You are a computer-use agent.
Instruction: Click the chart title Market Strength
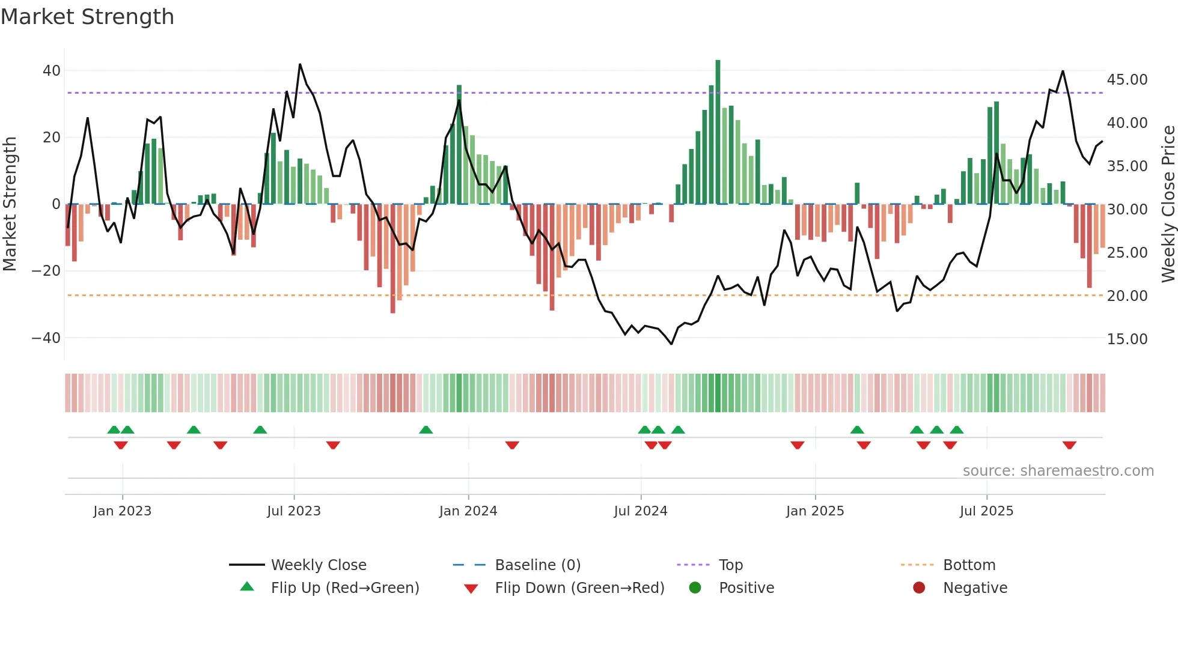tap(87, 17)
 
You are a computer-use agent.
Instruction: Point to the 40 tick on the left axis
tap(52, 71)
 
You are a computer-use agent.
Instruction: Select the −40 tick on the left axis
tap(46, 338)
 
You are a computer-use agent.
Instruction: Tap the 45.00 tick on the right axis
tap(1127, 80)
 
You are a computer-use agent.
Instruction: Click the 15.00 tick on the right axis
tap(1127, 339)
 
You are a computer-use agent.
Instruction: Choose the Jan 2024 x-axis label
tap(468, 511)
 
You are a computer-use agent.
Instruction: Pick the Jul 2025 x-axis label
tap(986, 511)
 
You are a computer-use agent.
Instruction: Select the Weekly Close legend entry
tap(318, 565)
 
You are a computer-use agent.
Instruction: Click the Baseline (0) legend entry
tap(537, 565)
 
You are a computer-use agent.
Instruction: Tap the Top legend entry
tap(730, 565)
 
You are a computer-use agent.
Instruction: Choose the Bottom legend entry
tap(969, 565)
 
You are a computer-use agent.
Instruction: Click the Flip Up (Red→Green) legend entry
tap(344, 588)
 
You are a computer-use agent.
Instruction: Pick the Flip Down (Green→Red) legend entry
tap(579, 588)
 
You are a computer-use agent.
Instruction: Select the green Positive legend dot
tap(695, 588)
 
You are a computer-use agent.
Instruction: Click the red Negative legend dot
tap(919, 588)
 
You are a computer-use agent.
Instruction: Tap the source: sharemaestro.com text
tap(1058, 471)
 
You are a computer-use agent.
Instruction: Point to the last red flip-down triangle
tap(1069, 445)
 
